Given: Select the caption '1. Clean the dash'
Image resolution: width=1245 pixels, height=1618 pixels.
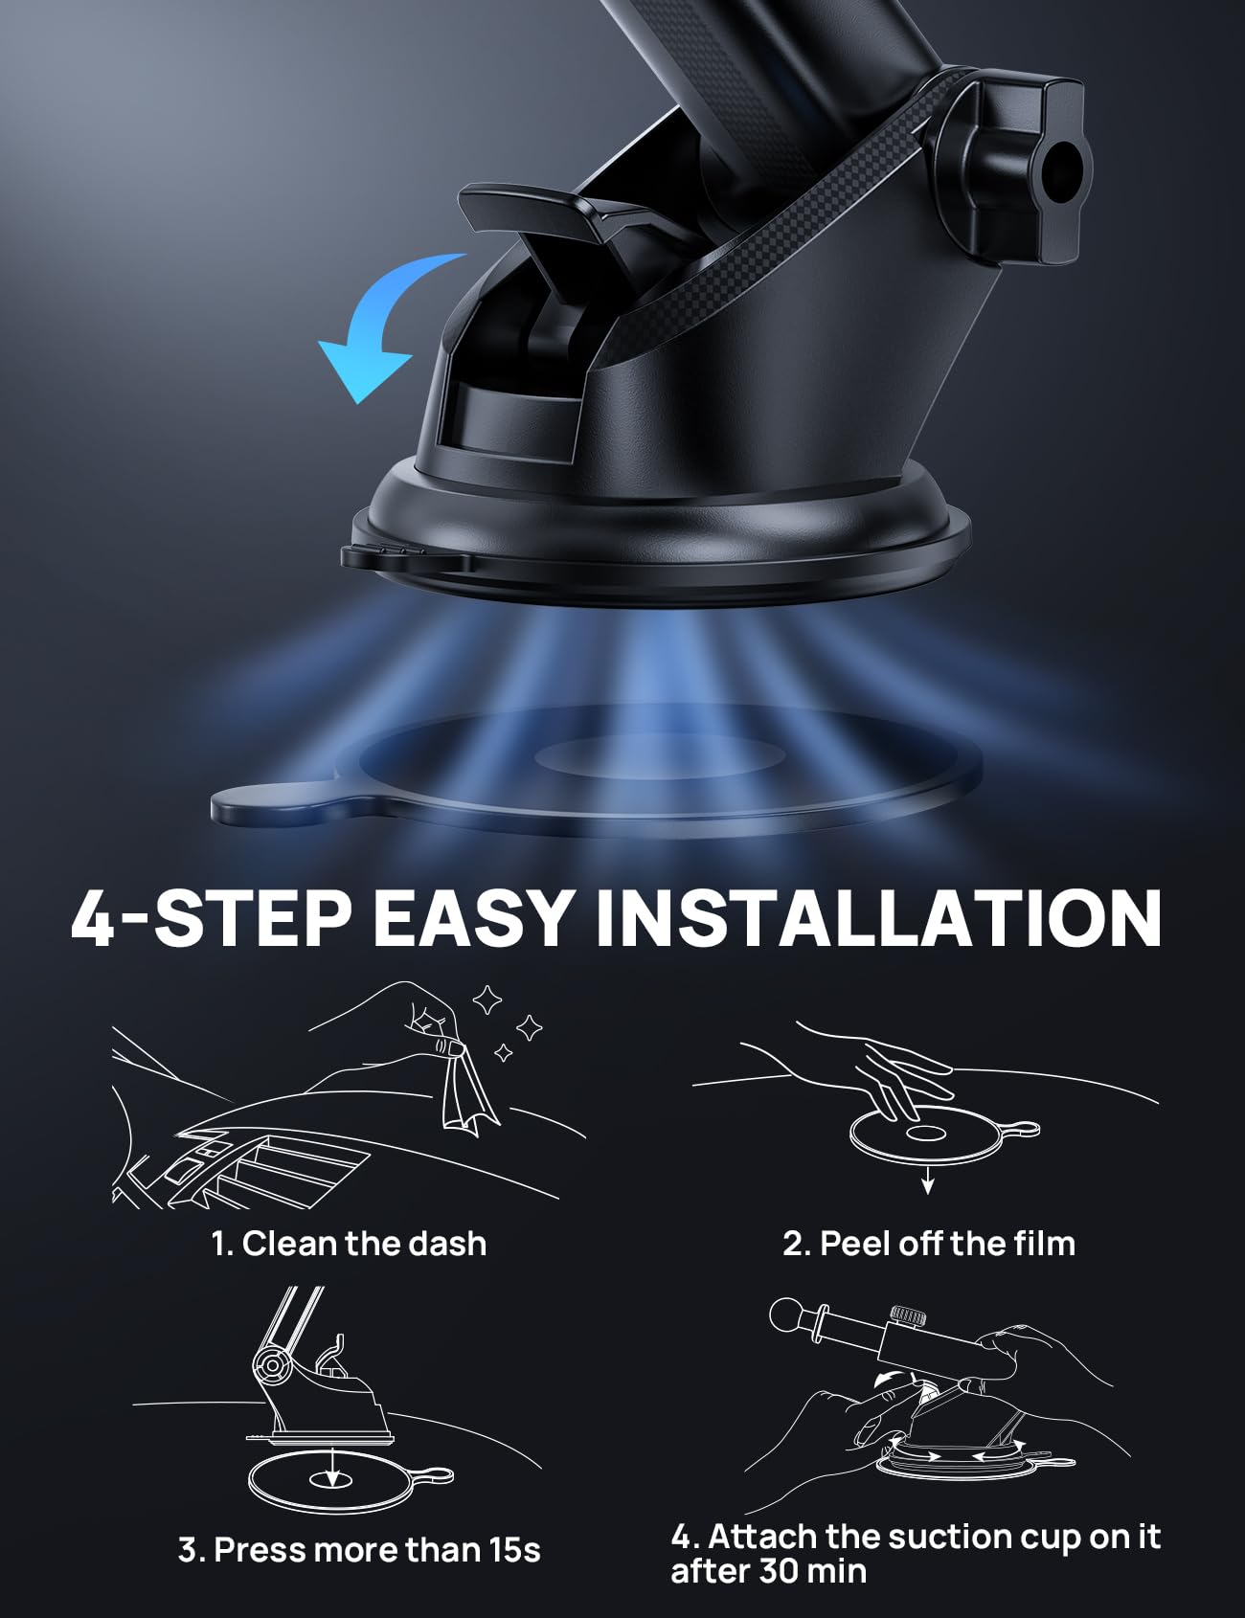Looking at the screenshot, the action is click(x=349, y=1244).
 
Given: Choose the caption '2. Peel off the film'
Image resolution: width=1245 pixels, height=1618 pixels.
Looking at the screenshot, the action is click(x=929, y=1244).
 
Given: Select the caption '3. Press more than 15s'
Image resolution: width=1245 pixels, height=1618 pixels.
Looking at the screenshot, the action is click(x=359, y=1550).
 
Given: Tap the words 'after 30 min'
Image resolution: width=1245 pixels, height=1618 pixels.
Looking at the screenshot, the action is click(x=768, y=1571).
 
